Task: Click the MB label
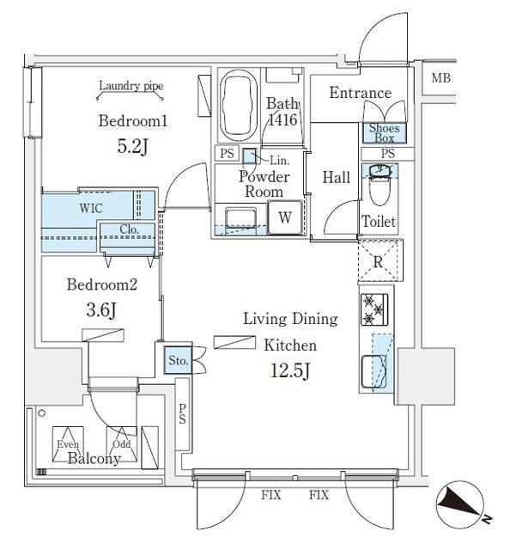point(440,78)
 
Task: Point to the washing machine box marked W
point(285,218)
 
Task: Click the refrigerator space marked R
point(378,262)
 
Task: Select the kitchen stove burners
point(375,312)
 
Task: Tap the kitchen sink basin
point(375,372)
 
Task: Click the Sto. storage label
point(178,360)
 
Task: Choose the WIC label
point(93,208)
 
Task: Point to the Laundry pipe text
point(131,85)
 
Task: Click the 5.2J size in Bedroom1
point(132,147)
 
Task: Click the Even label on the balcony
point(69,443)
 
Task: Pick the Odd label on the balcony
point(121,443)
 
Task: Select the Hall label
point(336,177)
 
